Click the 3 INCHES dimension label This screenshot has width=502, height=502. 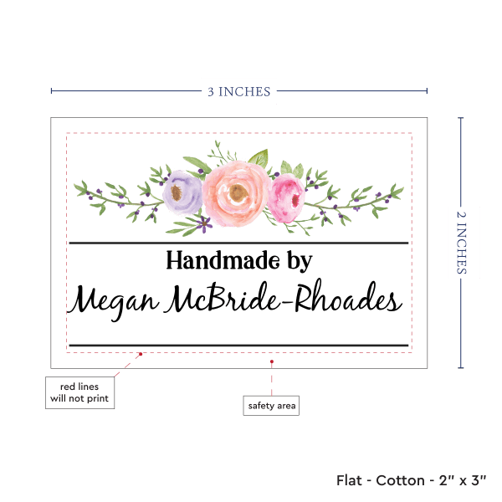[x=238, y=91]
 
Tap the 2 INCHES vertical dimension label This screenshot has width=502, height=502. [x=463, y=242]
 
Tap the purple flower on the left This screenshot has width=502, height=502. [x=182, y=193]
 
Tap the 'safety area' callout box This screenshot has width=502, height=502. [x=271, y=406]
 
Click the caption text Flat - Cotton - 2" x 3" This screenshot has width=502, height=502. [x=412, y=480]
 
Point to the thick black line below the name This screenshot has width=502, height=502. [x=238, y=345]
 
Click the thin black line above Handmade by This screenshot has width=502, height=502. [x=238, y=243]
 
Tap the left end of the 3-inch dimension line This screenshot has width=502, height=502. [x=52, y=91]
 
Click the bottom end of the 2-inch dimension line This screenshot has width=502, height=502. [x=461, y=366]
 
